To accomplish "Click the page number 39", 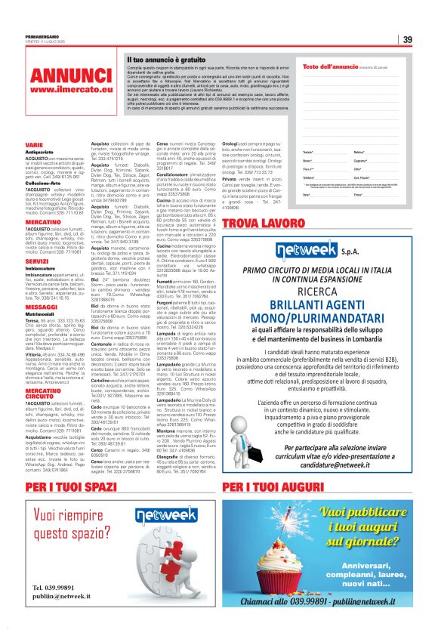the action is tap(406, 40).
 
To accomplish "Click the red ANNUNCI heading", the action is tap(60, 76).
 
